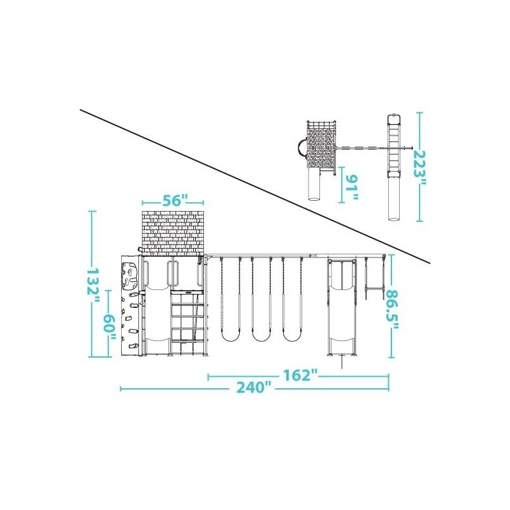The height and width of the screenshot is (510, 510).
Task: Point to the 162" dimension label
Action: click(x=300, y=375)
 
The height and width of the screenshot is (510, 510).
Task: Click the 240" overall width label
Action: click(x=254, y=388)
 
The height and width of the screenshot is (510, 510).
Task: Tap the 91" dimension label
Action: click(x=352, y=187)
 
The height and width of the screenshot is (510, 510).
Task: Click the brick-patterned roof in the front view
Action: click(x=173, y=233)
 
